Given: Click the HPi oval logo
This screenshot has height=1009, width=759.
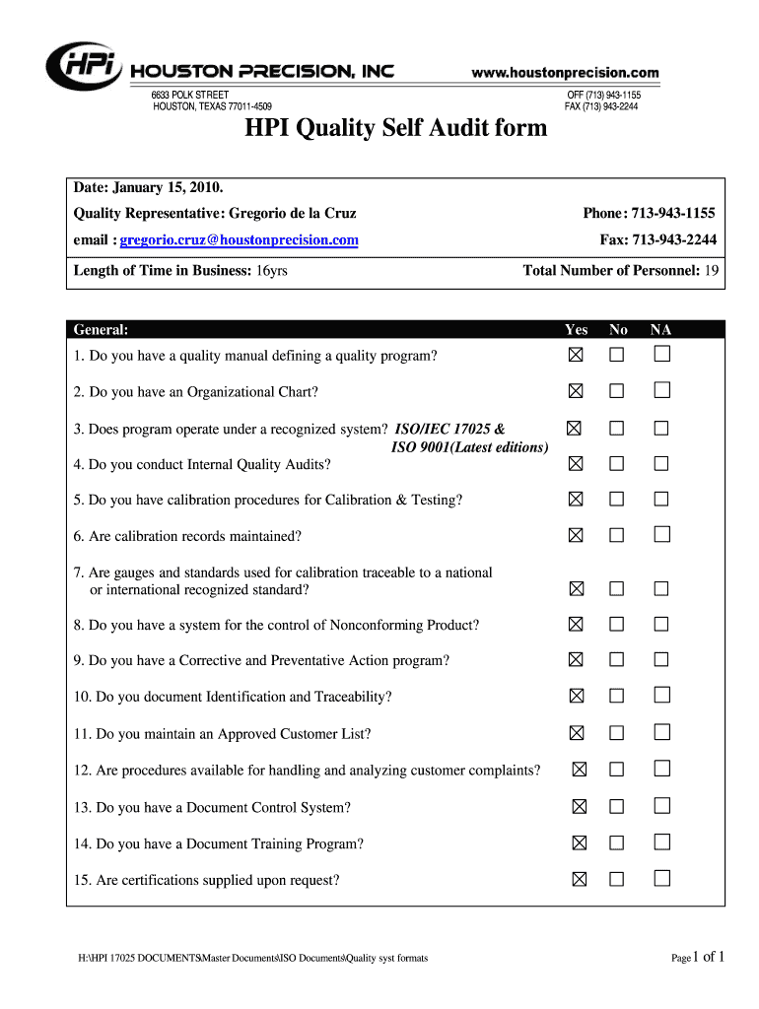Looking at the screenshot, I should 85,66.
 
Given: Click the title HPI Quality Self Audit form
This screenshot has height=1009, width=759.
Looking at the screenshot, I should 396,128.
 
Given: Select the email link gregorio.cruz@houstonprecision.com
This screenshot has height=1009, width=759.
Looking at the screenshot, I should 240,239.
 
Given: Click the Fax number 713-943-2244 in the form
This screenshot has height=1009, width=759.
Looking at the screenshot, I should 674,239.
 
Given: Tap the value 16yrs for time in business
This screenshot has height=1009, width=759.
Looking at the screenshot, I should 271,270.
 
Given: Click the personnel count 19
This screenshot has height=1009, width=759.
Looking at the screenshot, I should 711,270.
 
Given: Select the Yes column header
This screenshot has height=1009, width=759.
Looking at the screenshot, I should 576,331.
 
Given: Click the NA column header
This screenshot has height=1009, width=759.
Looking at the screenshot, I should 660,331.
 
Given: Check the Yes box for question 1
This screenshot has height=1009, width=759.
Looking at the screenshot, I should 576,354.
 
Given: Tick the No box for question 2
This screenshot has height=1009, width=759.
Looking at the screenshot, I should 617,391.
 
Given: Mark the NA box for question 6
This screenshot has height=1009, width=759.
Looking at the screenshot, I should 661,534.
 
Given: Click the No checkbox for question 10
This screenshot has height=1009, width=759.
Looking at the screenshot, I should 617,696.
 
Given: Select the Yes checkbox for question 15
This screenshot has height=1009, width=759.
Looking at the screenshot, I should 580,879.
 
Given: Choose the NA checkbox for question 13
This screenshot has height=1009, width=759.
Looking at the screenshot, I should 661,806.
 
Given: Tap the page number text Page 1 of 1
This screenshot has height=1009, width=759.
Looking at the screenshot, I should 698,956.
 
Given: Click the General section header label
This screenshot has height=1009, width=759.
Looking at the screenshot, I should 102,331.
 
